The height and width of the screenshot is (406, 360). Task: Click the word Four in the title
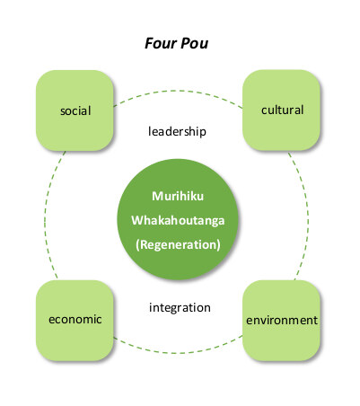pos(161,43)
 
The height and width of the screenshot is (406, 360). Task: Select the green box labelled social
pos(75,110)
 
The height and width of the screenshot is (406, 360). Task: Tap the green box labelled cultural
pos(281,110)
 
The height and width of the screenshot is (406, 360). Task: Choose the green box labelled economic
pos(75,321)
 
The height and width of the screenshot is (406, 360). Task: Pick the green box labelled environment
pos(281,321)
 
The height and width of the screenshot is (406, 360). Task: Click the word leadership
pos(177,131)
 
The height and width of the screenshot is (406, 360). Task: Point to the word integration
pos(180,308)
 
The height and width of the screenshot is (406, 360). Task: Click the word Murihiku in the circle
pos(178,196)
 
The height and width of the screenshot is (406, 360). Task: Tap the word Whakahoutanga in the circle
pos(178,220)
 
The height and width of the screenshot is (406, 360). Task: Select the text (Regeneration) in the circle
pos(178,244)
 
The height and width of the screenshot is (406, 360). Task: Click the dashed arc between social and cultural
pos(178,91)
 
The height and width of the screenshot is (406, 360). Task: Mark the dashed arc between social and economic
pos(45,216)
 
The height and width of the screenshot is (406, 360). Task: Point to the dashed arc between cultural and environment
pos(308,216)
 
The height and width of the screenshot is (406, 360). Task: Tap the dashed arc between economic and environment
pos(178,353)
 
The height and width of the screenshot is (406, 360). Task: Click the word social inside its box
pos(75,110)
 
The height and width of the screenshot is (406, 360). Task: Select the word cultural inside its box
pos(282,110)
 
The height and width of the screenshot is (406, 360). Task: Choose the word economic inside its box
pos(75,320)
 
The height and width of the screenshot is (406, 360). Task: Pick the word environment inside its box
pos(282,321)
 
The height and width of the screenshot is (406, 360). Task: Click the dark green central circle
pos(178,219)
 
